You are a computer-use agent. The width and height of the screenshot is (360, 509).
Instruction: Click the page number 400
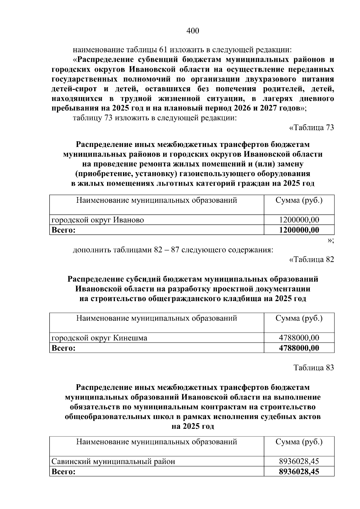[x=193, y=31]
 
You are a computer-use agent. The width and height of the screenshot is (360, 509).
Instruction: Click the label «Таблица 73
[x=311, y=128]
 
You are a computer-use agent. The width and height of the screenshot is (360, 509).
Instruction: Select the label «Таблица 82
[x=311, y=259]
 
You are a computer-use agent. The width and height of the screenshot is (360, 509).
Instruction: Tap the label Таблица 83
[x=313, y=368]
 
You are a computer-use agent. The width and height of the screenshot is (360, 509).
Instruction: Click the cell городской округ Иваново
[x=98, y=220]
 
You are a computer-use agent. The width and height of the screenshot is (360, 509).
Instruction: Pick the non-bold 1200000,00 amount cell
[x=299, y=220]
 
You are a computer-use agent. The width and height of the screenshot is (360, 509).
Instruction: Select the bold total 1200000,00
[x=299, y=230]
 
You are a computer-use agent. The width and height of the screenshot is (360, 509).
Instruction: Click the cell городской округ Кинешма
[x=99, y=338]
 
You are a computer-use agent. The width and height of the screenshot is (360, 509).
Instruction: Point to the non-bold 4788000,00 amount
[x=299, y=338]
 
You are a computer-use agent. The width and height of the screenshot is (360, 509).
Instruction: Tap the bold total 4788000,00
[x=299, y=348]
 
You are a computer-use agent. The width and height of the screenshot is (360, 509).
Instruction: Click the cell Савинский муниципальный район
[x=113, y=462]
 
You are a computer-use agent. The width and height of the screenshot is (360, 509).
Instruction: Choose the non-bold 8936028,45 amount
[x=299, y=462]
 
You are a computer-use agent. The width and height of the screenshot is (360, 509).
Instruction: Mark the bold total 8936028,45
[x=299, y=472]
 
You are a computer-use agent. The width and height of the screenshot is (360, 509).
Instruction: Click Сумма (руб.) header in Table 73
[x=299, y=200]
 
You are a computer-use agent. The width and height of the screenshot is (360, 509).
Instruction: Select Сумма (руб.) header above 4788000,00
[x=299, y=318]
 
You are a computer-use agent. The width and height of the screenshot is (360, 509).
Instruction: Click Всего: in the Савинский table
[x=63, y=472]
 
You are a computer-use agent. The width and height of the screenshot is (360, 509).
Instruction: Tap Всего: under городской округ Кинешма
[x=63, y=348]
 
